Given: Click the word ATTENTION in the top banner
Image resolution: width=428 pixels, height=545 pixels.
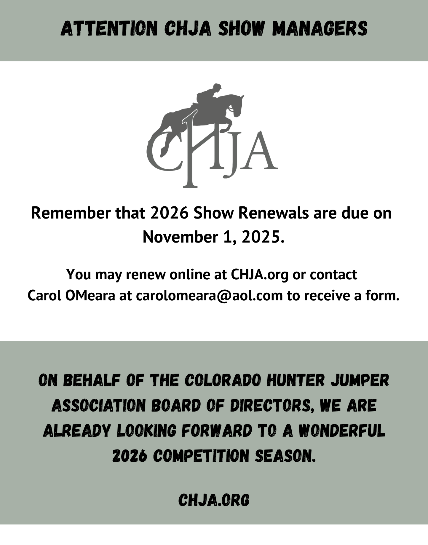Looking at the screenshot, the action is pos(109,29).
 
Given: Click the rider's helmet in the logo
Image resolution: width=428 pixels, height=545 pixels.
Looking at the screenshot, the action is pos(217,87).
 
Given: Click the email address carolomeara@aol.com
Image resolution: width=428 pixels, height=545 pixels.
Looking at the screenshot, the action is pos(209,296).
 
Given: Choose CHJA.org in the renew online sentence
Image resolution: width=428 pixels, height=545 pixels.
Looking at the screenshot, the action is pos(259,274).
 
